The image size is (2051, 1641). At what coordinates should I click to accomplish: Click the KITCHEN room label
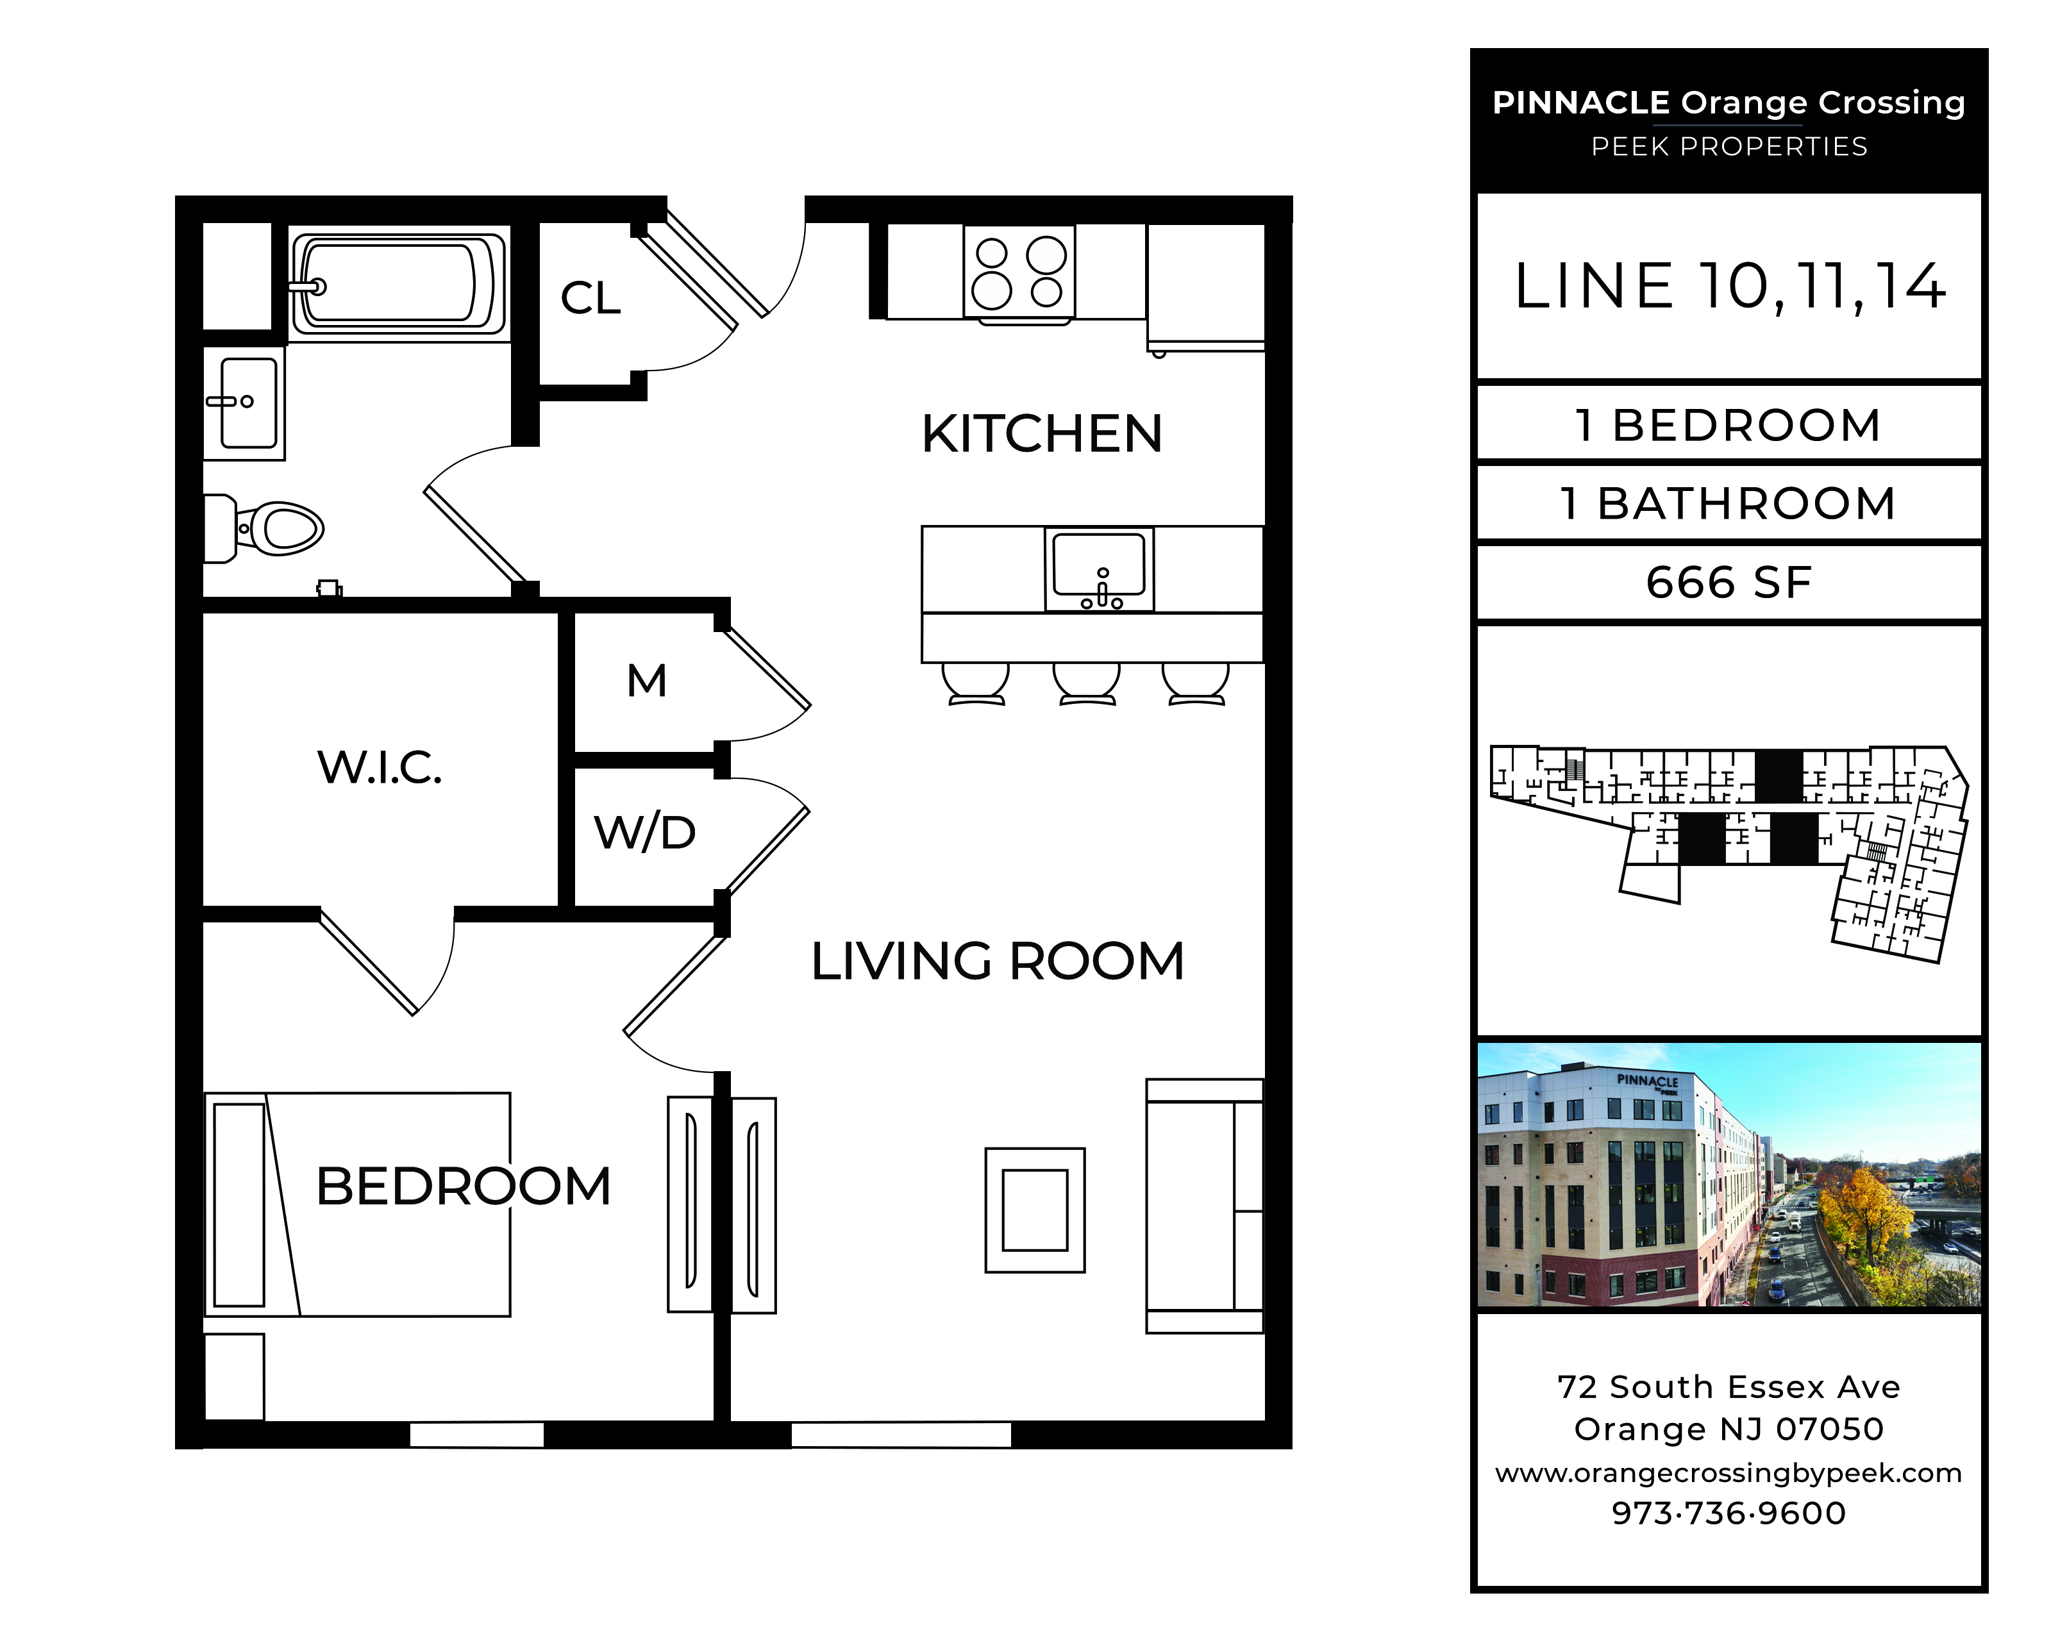[1042, 434]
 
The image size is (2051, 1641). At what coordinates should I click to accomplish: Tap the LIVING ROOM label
[998, 961]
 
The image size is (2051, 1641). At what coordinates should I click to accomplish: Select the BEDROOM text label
[464, 1187]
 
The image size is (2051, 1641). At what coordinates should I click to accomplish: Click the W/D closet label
[645, 833]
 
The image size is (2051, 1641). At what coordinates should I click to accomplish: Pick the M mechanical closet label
[647, 681]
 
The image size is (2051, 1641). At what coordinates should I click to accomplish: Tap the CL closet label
[590, 298]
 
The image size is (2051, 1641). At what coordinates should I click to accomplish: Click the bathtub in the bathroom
[398, 283]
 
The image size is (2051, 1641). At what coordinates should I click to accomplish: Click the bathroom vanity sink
[244, 403]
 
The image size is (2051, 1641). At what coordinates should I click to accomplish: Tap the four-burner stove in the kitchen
[1019, 271]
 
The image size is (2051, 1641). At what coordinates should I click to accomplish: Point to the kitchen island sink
[1100, 569]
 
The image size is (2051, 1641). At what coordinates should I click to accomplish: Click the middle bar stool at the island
[1086, 684]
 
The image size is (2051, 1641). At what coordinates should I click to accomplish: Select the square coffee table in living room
[1035, 1210]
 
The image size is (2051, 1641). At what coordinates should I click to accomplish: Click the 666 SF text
[1729, 582]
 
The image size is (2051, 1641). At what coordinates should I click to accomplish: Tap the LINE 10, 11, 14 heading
[1729, 287]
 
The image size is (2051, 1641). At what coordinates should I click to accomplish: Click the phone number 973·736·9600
[1729, 1513]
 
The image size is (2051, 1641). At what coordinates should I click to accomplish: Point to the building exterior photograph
[1729, 1175]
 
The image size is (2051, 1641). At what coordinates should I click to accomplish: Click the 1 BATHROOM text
[1729, 503]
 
